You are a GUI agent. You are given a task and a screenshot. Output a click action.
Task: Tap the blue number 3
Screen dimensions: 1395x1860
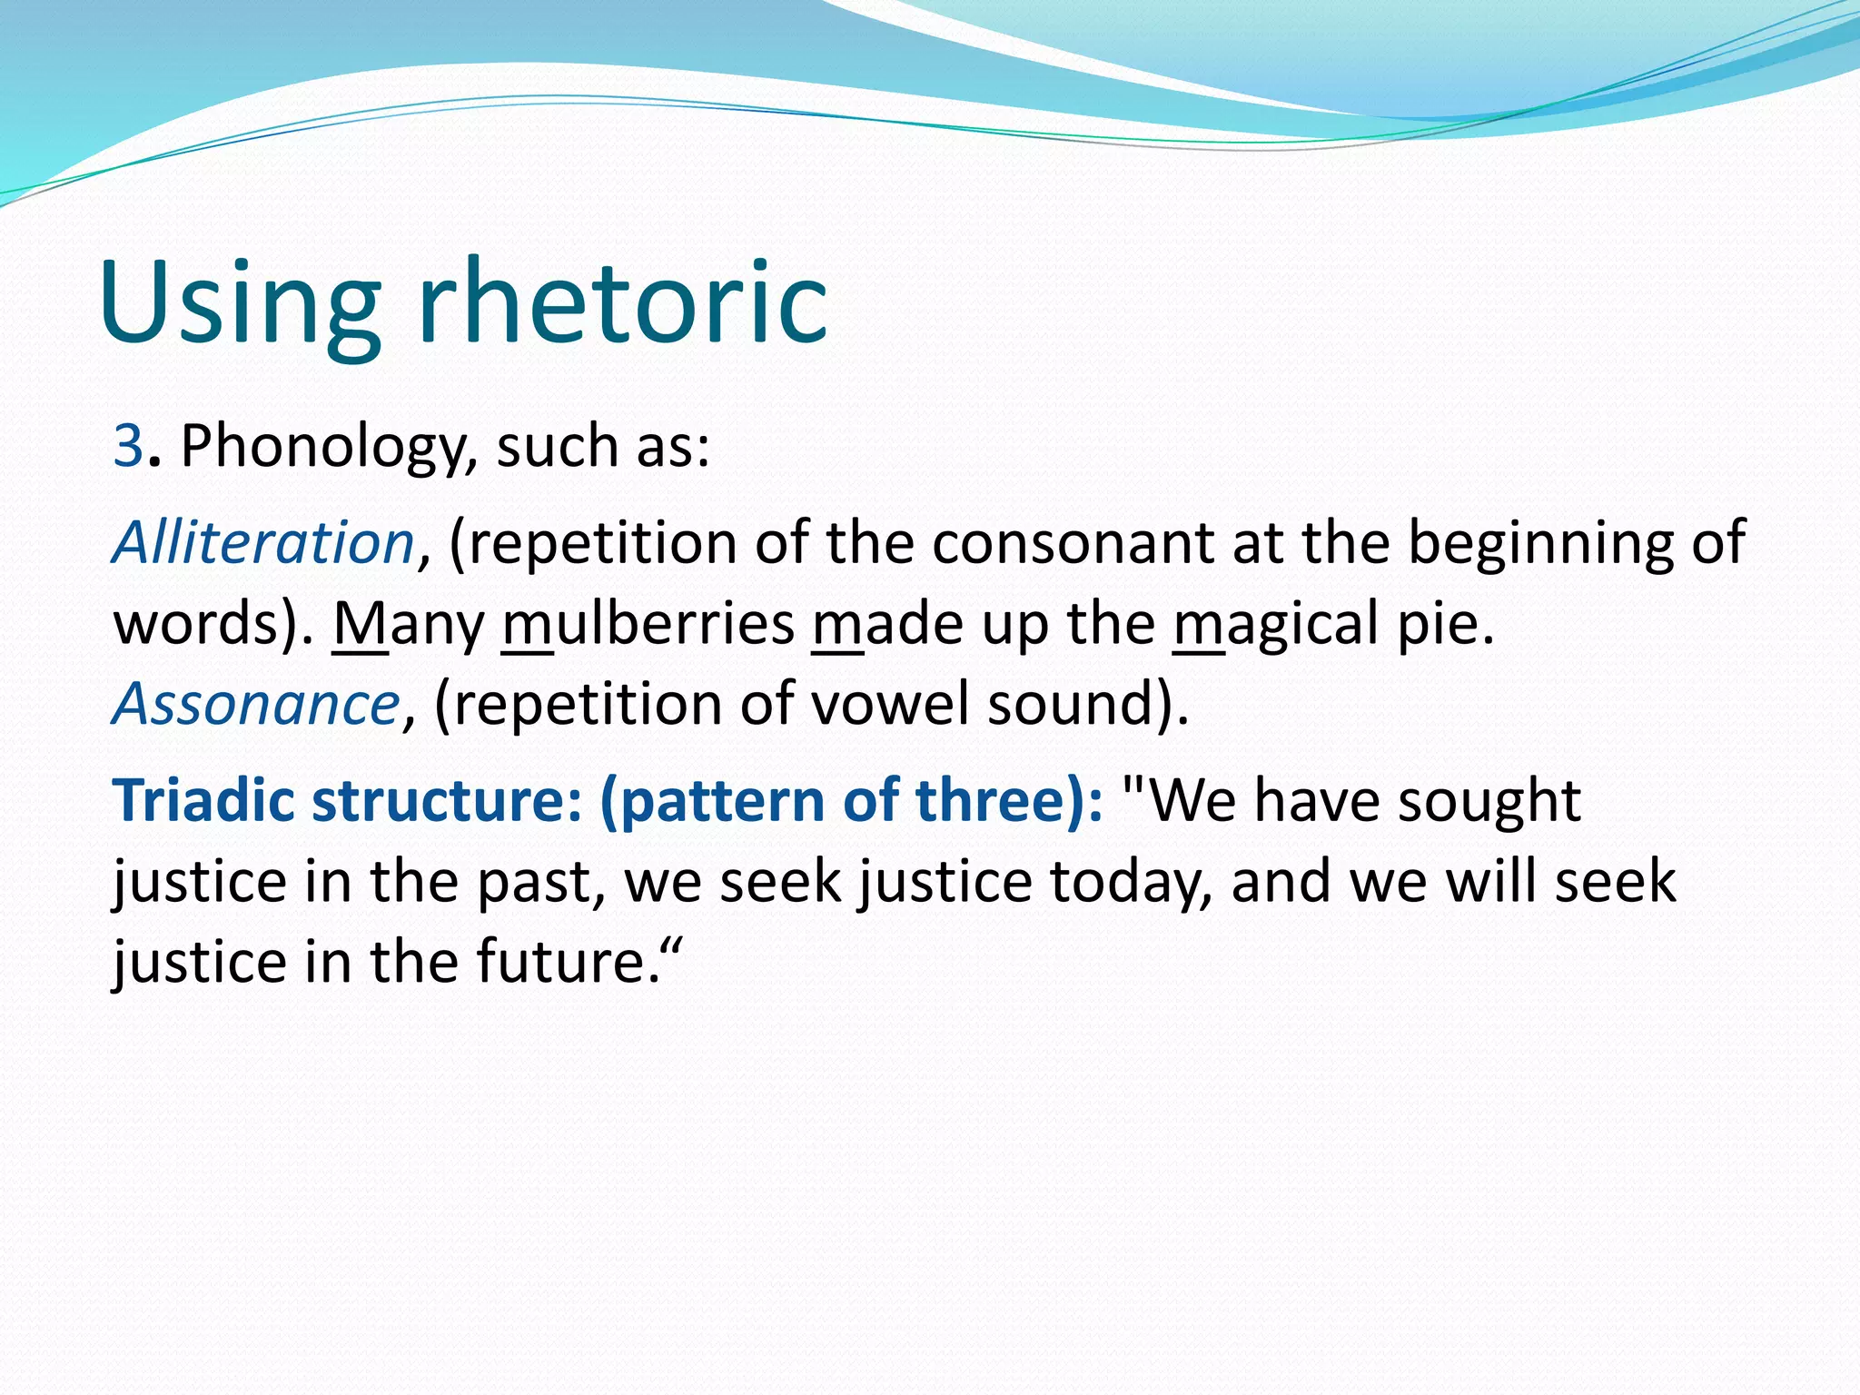pyautogui.click(x=127, y=447)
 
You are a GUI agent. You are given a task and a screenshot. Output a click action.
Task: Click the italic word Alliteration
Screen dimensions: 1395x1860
pyautogui.click(x=263, y=543)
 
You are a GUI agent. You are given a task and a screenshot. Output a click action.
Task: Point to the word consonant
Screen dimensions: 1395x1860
pyautogui.click(x=1073, y=543)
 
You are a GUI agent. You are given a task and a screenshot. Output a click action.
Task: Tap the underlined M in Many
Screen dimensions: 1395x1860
pyautogui.click(x=360, y=624)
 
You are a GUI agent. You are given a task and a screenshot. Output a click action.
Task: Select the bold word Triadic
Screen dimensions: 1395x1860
pyautogui.click(x=203, y=801)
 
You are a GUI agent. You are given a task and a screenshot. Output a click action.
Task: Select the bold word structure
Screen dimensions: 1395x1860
pyautogui.click(x=438, y=801)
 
